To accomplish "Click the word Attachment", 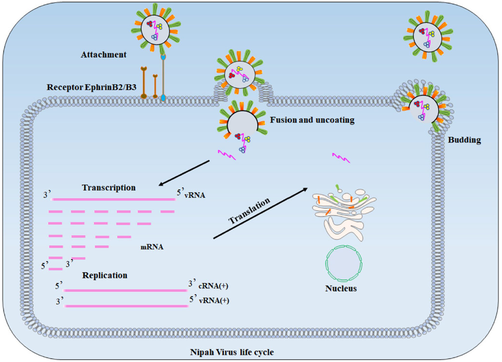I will (x=103, y=55).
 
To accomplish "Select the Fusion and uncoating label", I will (x=312, y=120).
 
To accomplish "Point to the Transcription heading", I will (x=109, y=188).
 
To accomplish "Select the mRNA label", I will (x=152, y=247).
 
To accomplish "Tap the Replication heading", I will (x=105, y=275).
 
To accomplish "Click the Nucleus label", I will (x=341, y=288).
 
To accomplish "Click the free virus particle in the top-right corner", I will (x=427, y=36).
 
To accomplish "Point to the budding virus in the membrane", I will (x=423, y=108).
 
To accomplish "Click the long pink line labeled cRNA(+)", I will (x=125, y=290).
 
